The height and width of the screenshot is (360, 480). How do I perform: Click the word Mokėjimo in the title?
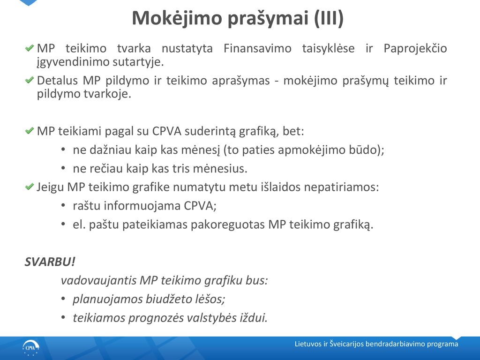[177, 18]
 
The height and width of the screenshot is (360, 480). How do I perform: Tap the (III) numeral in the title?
[329, 18]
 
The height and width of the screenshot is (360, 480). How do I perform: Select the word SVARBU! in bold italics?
[50, 262]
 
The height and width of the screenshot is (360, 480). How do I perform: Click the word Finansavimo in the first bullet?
[257, 48]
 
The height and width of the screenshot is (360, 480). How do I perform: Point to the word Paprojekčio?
[415, 49]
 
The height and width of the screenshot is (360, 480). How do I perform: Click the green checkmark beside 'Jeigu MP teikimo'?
[30, 187]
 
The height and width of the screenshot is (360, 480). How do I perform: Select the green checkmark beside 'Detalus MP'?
[30, 80]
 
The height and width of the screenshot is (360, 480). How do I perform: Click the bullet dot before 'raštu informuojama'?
[63, 205]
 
